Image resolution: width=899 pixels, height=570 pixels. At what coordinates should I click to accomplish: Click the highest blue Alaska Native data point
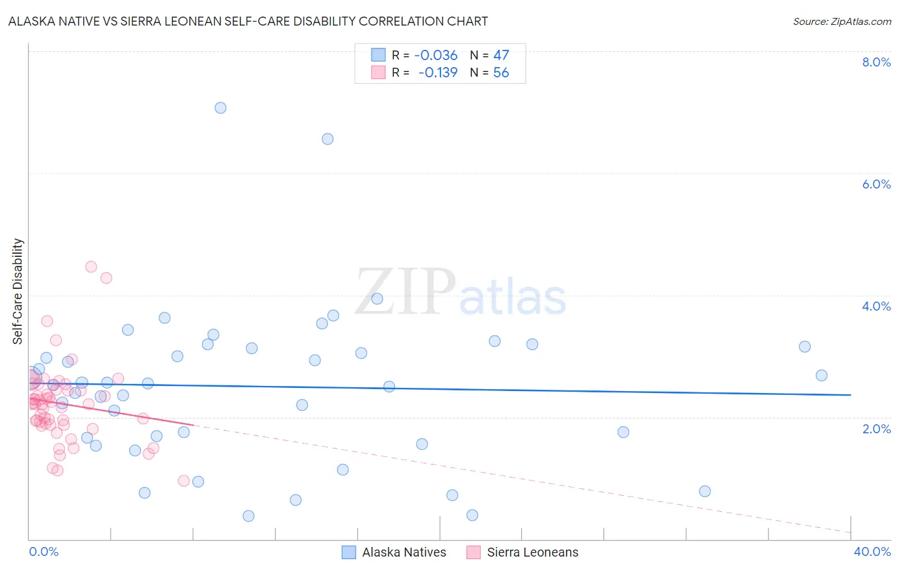(x=220, y=107)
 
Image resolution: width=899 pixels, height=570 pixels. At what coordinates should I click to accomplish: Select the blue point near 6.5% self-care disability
(x=327, y=139)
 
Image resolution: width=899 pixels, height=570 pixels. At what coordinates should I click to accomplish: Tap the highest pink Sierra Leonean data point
(x=91, y=266)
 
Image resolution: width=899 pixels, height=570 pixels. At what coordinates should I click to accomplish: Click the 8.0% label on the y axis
(x=876, y=62)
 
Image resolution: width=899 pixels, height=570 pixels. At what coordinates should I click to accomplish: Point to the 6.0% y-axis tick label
(x=876, y=184)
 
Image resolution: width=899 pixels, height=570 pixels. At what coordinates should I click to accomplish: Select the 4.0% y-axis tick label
(x=876, y=306)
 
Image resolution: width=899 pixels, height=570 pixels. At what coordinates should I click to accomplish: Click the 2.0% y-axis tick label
(x=876, y=429)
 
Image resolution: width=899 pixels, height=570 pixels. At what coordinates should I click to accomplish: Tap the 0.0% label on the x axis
(x=43, y=551)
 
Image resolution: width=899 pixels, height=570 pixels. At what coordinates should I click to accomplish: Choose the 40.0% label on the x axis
(x=872, y=551)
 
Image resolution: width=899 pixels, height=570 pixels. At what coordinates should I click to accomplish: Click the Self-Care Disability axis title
(x=18, y=291)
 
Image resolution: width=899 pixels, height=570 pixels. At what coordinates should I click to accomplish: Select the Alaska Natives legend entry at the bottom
(x=394, y=552)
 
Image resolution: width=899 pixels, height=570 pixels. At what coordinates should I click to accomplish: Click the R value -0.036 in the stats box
(x=436, y=55)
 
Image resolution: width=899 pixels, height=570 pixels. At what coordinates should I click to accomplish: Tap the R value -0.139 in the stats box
(x=438, y=72)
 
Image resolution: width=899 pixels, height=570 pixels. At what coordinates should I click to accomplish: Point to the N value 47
(x=501, y=55)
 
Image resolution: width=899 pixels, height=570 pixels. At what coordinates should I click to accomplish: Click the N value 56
(x=501, y=72)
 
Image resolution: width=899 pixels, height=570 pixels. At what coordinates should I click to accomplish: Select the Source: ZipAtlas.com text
(x=841, y=21)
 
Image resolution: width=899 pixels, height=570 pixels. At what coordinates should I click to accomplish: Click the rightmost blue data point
(x=822, y=375)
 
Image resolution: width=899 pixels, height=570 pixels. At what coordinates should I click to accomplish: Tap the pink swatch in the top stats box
(x=378, y=72)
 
